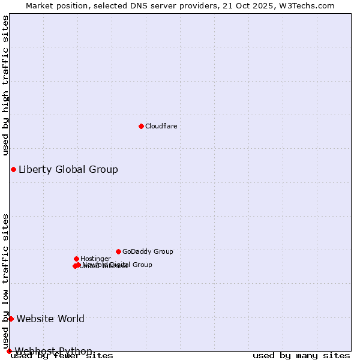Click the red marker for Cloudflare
pyautogui.click(x=141, y=126)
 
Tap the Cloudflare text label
pyautogui.click(x=161, y=126)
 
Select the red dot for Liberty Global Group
pyautogui.click(x=13, y=169)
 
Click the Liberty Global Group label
pyautogui.click(x=68, y=169)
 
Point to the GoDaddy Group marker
pyautogui.click(x=118, y=251)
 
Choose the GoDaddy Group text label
pyautogui.click(x=148, y=251)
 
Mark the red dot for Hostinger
pyautogui.click(x=76, y=259)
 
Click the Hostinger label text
pyautogui.click(x=95, y=259)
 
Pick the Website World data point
pyautogui.click(x=11, y=319)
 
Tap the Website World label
pyautogui.click(x=50, y=319)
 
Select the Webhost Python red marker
pyautogui.click(x=9, y=351)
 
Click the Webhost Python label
pyautogui.click(x=53, y=351)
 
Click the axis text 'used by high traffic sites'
pyautogui.click(x=6, y=85)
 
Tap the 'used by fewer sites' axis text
pyautogui.click(x=62, y=356)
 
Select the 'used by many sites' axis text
pyautogui.click(x=301, y=356)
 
